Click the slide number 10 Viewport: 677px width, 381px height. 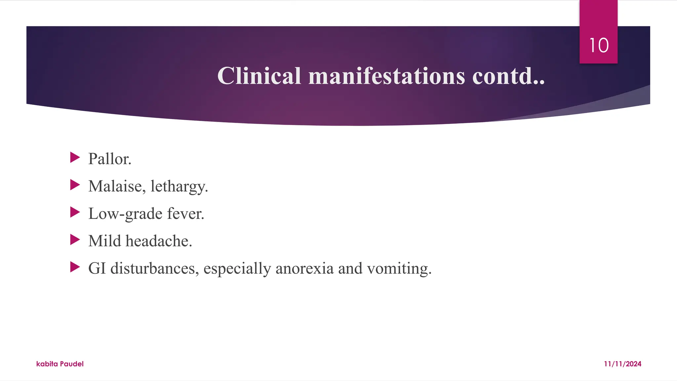pyautogui.click(x=599, y=45)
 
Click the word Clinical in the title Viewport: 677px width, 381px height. pyautogui.click(x=259, y=76)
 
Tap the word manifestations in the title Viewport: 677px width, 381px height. pyautogui.click(x=386, y=76)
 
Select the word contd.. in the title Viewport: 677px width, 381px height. pyautogui.click(x=508, y=76)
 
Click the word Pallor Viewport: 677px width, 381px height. pyautogui.click(x=110, y=159)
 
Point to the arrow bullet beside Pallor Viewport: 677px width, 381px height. pyautogui.click(x=75, y=157)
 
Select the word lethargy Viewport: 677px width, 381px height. pyautogui.click(x=179, y=186)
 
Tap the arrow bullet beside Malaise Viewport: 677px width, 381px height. pyautogui.click(x=75, y=185)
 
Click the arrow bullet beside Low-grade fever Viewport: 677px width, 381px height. pyautogui.click(x=75, y=212)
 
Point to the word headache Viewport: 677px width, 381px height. pyautogui.click(x=159, y=241)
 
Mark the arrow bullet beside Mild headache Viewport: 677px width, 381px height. pyautogui.click(x=75, y=240)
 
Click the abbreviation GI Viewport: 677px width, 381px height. pyautogui.click(x=97, y=268)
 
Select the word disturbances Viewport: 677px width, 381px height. pyautogui.click(x=155, y=268)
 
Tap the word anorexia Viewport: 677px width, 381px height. pyautogui.click(x=304, y=268)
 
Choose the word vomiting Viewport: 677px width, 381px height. pyautogui.click(x=399, y=268)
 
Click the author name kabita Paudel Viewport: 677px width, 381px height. pyautogui.click(x=60, y=364)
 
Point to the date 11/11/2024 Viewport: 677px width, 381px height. pyautogui.click(x=622, y=364)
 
